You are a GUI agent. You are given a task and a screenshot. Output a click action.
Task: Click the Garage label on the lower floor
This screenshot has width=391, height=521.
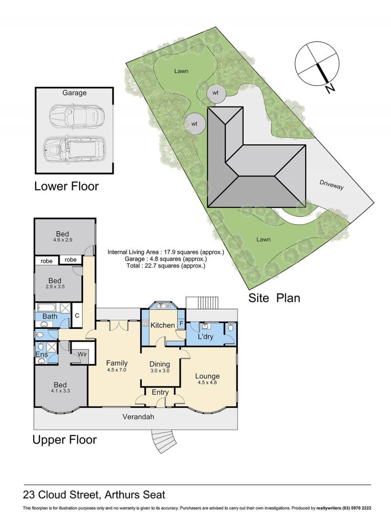74,93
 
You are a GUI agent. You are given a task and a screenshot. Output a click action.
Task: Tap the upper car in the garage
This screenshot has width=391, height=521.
76,115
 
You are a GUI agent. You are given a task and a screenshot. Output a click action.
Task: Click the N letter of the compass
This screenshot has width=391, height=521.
329,88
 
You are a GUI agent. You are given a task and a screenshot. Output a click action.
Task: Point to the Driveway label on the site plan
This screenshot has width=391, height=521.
331,185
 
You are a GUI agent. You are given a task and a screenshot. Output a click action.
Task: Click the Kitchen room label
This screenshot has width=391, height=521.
163,325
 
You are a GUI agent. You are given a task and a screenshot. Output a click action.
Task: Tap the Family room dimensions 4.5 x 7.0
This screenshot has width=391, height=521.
117,369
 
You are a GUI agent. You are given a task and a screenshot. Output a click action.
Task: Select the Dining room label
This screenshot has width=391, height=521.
160,364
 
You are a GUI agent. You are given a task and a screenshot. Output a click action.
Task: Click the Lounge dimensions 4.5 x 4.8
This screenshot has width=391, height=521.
207,382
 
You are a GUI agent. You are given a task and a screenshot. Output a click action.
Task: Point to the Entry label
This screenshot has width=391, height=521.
160,392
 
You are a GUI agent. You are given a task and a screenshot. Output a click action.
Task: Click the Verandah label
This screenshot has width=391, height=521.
138,416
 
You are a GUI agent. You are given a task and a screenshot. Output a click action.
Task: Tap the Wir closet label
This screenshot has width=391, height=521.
83,354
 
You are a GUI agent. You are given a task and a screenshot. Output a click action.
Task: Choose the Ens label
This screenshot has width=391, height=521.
42,354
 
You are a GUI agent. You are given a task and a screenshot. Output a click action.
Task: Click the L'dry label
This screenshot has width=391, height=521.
205,336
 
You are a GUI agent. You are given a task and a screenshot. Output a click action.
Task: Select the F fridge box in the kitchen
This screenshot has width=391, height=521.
181,323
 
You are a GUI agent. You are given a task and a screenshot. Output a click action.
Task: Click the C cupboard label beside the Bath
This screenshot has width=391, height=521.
77,315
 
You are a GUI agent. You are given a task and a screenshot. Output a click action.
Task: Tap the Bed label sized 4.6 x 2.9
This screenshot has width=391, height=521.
63,234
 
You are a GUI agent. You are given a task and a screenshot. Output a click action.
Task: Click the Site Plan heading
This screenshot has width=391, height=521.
274,298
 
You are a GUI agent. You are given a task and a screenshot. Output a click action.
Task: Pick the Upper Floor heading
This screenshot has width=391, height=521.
65,439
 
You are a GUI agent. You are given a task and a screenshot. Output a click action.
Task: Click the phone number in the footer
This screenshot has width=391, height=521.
357,508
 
